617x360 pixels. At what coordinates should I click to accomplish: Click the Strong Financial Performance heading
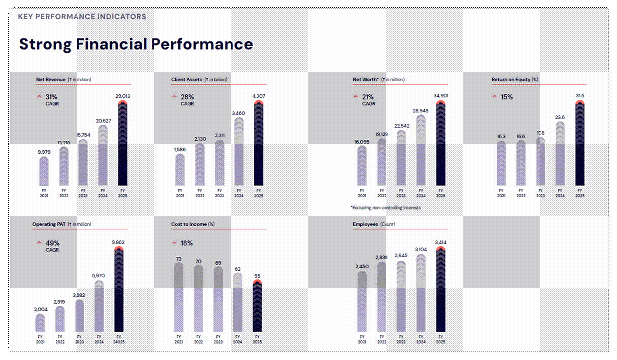[136, 44]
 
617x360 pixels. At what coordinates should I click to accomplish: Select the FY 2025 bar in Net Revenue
[122, 144]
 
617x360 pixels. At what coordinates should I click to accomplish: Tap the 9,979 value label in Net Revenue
[44, 152]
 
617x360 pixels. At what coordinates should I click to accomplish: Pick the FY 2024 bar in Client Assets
[239, 151]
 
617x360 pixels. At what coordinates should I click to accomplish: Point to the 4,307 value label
[258, 96]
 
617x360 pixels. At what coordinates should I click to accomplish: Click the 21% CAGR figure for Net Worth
[368, 97]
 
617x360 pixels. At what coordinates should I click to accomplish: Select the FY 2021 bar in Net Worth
[362, 166]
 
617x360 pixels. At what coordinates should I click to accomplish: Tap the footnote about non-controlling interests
[386, 207]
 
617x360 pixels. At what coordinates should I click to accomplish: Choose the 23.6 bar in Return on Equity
[560, 154]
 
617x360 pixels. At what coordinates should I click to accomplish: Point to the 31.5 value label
[580, 96]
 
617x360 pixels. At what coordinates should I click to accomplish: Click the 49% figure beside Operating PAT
[52, 243]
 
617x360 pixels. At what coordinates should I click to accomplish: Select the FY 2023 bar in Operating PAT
[79, 316]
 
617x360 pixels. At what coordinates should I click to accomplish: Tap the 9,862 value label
[119, 242]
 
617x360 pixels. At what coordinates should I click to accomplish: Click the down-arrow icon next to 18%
[174, 243]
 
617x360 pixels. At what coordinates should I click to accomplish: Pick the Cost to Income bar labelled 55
[257, 306]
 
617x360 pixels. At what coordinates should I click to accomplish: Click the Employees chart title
[366, 224]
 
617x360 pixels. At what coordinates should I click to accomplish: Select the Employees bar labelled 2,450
[362, 302]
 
